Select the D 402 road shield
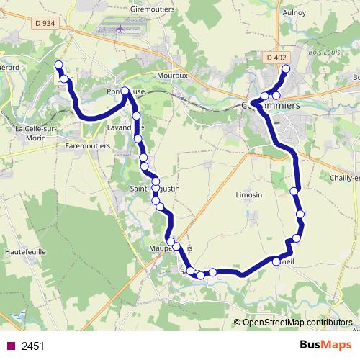(275, 58)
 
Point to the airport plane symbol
(120, 30)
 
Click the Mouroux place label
(174, 73)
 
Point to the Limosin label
(249, 195)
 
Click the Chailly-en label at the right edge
(341, 178)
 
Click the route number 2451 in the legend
(33, 346)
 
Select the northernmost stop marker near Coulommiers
(286, 69)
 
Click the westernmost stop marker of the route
(58, 65)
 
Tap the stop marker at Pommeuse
(125, 91)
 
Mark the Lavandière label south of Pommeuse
(125, 127)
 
